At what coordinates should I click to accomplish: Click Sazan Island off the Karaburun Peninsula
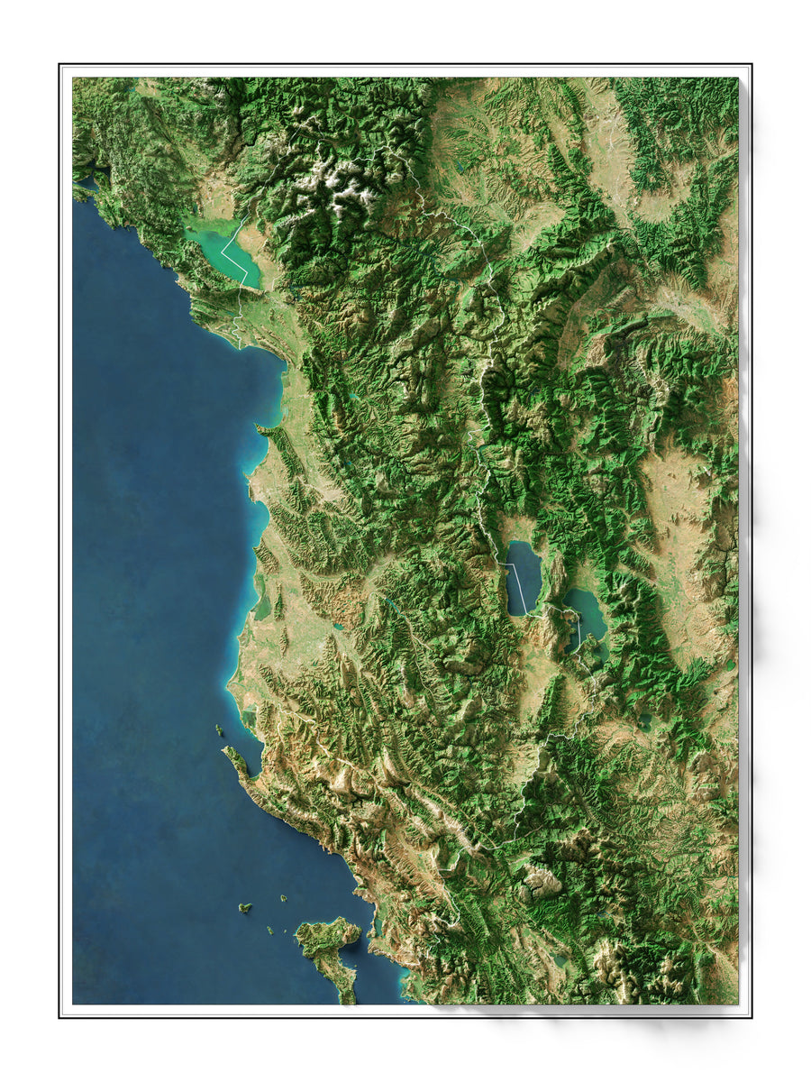(219, 729)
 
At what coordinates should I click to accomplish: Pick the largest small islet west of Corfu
(244, 908)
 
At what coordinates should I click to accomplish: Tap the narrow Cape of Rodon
(261, 429)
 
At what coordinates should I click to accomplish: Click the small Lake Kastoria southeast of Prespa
(645, 720)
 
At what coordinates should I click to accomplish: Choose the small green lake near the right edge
(729, 666)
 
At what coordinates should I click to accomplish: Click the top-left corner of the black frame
(59, 64)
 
